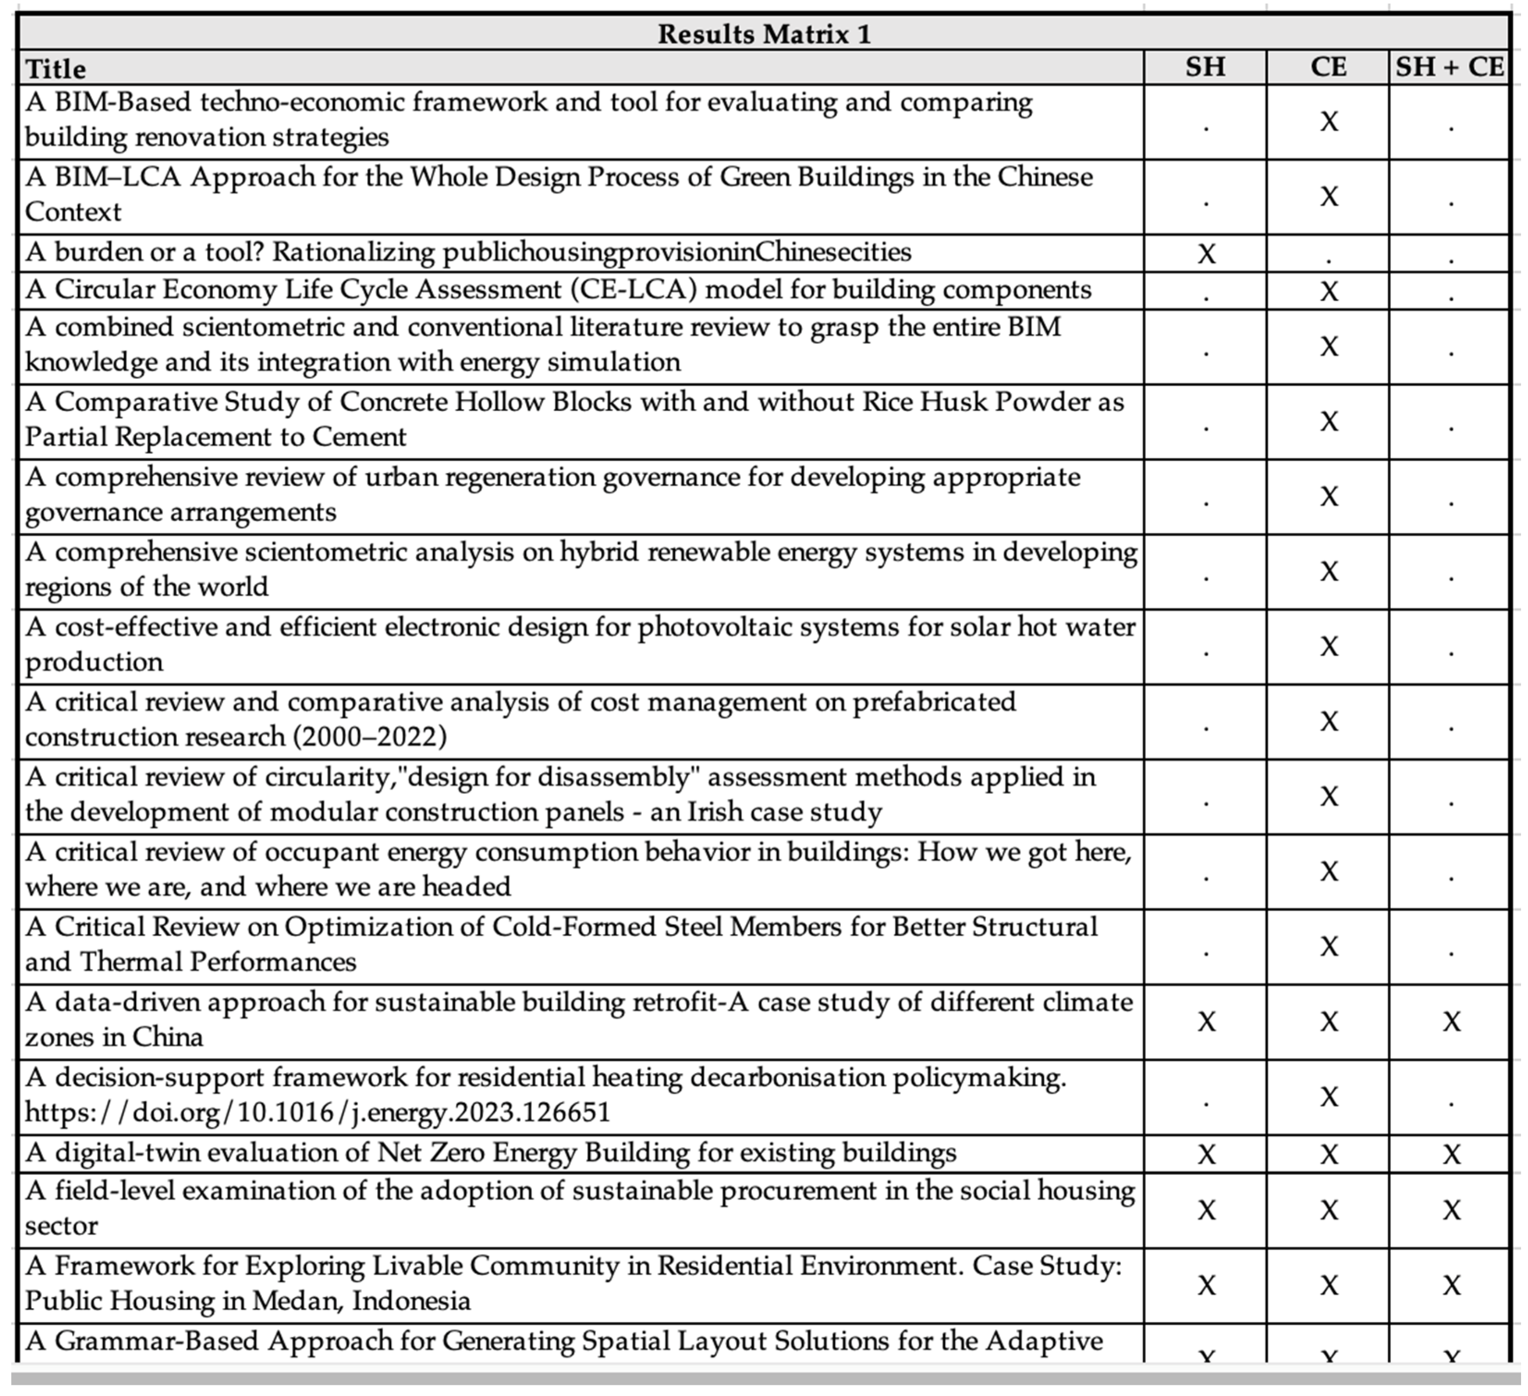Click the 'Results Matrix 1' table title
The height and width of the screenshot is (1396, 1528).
tap(764, 34)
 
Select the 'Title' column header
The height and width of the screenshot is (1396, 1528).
tap(56, 69)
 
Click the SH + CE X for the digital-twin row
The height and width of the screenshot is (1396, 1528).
tap(1451, 1154)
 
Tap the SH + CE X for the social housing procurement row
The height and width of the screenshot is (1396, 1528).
tap(1451, 1210)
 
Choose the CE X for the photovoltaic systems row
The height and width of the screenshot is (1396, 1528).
tap(1329, 646)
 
